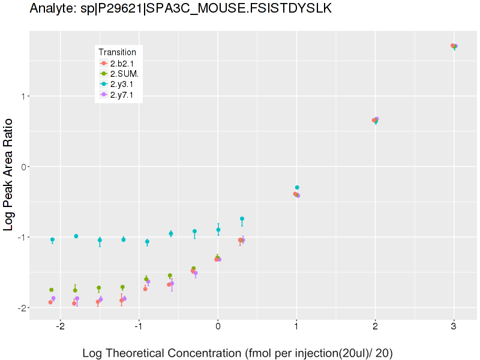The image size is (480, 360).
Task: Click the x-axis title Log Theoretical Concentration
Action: click(238, 353)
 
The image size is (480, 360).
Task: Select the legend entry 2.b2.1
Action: click(122, 63)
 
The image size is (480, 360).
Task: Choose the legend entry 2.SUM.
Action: click(124, 73)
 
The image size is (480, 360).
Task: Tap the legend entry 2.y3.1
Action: click(122, 84)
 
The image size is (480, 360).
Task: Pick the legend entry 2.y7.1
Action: click(122, 94)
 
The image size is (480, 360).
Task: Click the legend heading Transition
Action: click(117, 52)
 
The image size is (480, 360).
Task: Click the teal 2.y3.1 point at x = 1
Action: click(297, 187)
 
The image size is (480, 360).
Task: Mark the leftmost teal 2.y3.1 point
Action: click(52, 239)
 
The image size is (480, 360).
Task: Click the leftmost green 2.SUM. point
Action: click(52, 290)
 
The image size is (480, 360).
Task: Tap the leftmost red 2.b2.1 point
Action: click(50, 302)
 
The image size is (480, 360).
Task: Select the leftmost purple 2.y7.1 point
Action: click(53, 298)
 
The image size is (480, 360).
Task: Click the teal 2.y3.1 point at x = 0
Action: click(218, 230)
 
